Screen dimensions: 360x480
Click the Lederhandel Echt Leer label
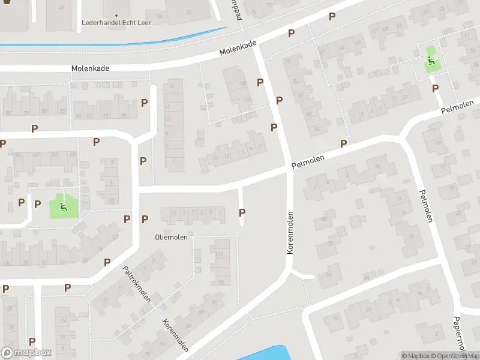[x=116, y=23]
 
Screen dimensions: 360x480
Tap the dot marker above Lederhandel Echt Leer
[x=116, y=15]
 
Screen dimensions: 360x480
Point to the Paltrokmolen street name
[x=137, y=285]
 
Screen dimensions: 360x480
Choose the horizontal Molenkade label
[x=90, y=69]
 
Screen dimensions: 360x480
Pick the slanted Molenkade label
[x=238, y=49]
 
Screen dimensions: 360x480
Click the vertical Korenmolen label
[x=290, y=232]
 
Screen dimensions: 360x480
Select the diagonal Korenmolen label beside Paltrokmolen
[x=176, y=334]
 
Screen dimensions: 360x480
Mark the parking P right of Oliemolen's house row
[x=242, y=212]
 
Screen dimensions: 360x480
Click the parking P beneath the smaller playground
[x=434, y=88]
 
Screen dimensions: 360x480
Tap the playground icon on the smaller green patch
[x=431, y=60]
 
